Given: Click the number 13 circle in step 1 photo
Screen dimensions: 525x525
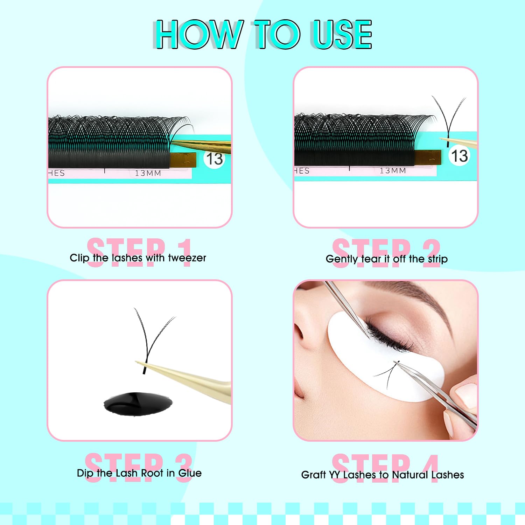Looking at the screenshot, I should tap(214, 159).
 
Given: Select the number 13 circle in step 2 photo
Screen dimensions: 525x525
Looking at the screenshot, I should tap(459, 156).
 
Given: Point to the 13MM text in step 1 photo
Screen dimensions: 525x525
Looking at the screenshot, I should tap(148, 173).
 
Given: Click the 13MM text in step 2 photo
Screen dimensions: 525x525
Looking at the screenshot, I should tap(393, 171).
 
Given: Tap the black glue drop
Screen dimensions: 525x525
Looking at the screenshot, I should tap(138, 404).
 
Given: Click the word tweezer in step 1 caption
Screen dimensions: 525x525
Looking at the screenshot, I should tap(187, 258).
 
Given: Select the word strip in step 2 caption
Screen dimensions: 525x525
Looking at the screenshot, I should tap(437, 259).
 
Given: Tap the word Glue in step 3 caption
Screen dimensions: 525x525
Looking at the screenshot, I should tap(190, 473).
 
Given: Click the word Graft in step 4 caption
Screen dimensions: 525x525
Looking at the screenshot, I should tap(313, 475).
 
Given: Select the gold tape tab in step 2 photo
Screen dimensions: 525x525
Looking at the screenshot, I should tap(427, 157).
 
